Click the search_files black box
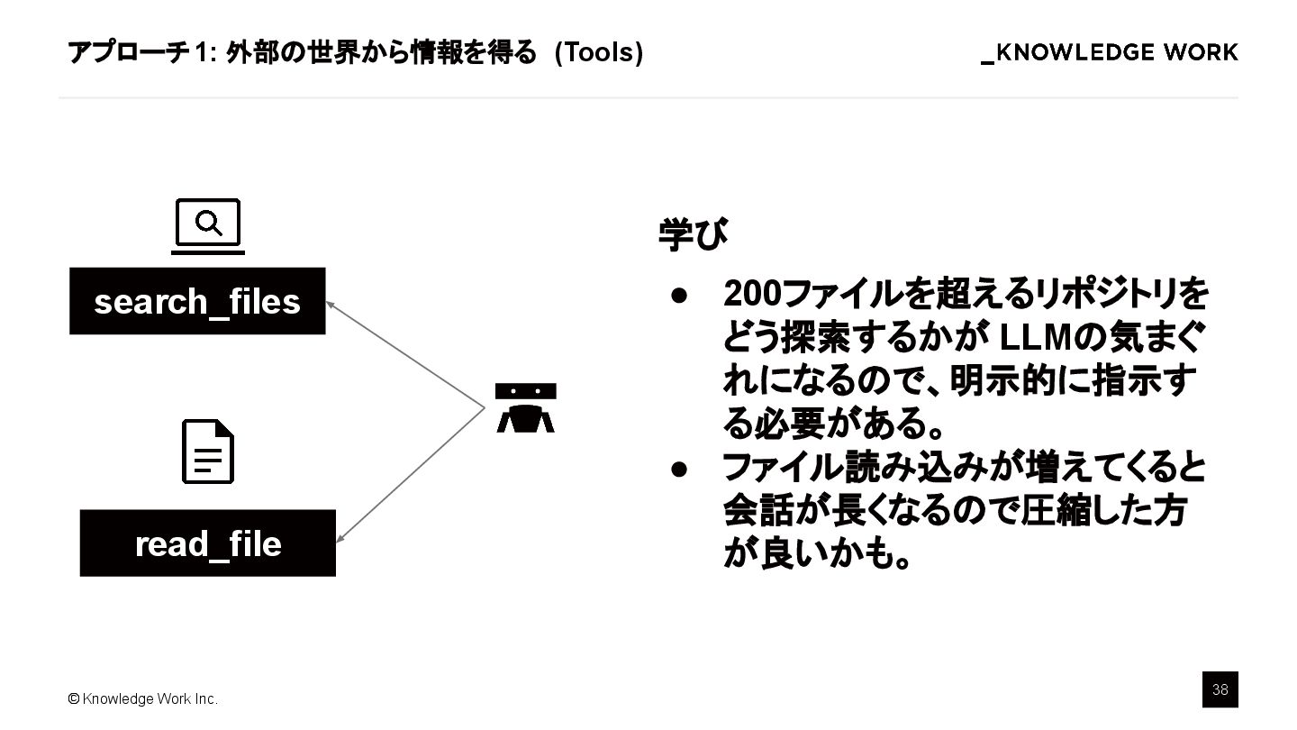coord(197,301)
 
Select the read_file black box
coord(208,543)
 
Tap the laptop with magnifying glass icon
coord(208,225)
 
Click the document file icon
coord(208,452)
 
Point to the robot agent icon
coord(525,408)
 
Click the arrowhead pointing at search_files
coord(330,305)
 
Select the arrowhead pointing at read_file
coord(340,539)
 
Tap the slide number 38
coord(1220,689)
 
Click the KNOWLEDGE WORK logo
coord(1110,53)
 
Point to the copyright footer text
coord(142,699)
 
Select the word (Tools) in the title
coord(599,53)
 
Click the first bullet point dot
coord(679,295)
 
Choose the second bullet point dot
coord(679,469)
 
